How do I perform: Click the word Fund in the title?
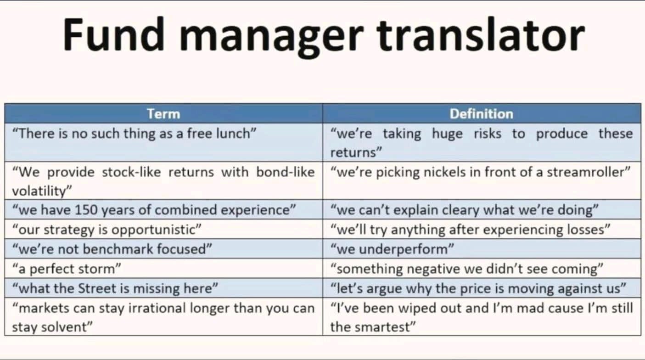[114, 34]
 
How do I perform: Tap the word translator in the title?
[481, 34]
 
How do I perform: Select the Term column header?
[163, 114]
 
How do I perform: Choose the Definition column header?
[482, 114]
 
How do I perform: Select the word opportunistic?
[156, 230]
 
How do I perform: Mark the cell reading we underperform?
[392, 249]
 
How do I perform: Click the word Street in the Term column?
[96, 288]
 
